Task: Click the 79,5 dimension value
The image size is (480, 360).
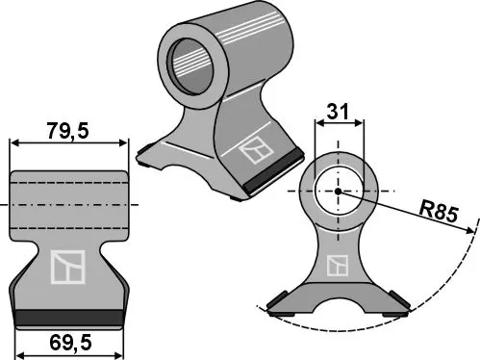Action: [x=68, y=129]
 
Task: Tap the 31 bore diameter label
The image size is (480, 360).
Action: [x=339, y=112]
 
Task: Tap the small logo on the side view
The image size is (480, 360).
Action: [x=338, y=266]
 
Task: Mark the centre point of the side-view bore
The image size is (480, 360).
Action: [x=339, y=190]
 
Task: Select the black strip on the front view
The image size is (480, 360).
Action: [x=68, y=316]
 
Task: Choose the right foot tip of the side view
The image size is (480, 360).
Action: [x=401, y=310]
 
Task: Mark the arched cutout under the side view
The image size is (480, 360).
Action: [x=339, y=301]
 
